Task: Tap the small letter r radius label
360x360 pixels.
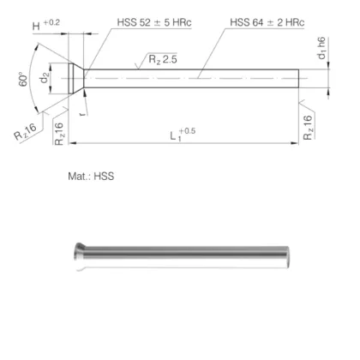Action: click(x=80, y=111)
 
